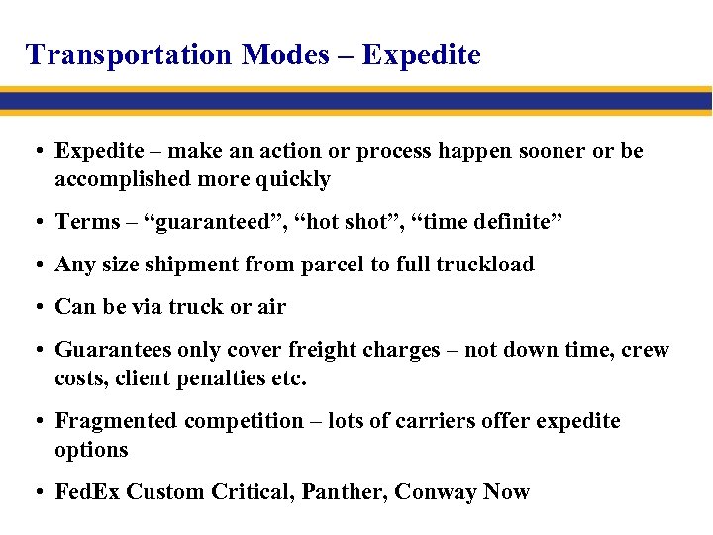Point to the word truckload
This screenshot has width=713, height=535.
(486, 265)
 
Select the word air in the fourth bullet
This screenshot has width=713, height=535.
(271, 307)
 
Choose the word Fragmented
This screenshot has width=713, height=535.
(111, 421)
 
